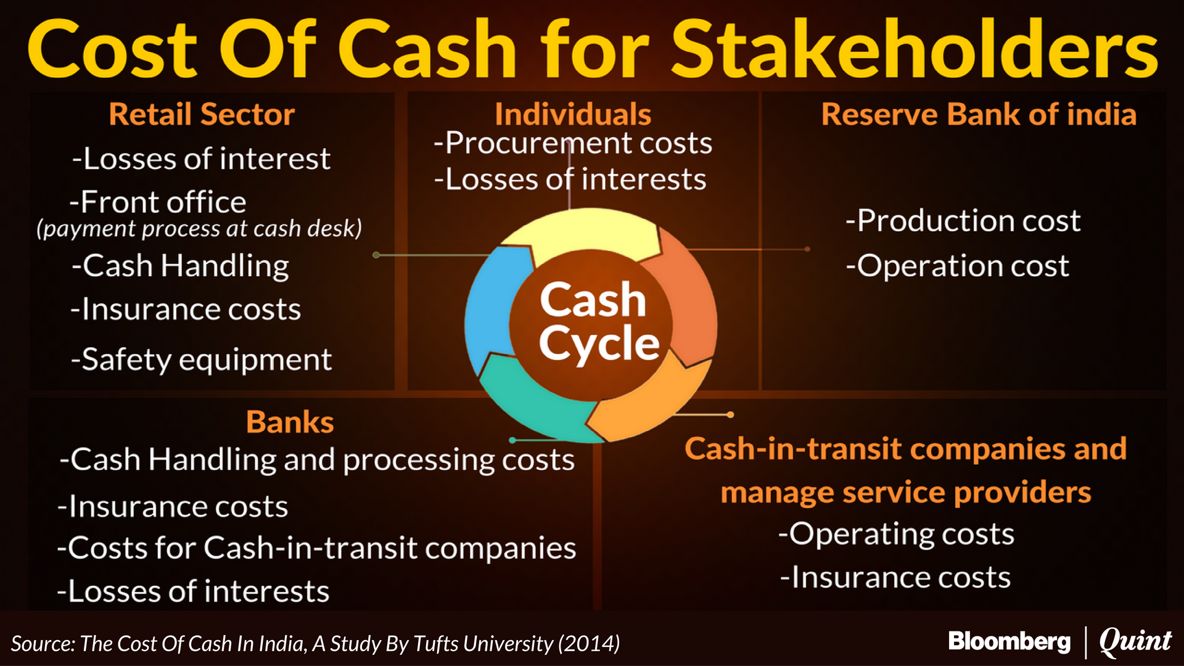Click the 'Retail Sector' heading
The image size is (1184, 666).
click(202, 115)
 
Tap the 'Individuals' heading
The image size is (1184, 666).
click(573, 115)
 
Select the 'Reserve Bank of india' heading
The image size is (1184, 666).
click(979, 115)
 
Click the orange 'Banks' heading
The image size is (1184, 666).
click(290, 422)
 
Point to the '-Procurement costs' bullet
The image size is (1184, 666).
click(573, 144)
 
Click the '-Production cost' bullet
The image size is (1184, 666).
click(963, 221)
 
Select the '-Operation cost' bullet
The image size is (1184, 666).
click(957, 266)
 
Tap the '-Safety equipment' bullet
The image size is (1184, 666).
click(202, 360)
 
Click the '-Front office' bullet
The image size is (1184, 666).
click(158, 202)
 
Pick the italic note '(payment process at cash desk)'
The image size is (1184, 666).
click(199, 229)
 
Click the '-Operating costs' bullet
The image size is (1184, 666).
click(896, 534)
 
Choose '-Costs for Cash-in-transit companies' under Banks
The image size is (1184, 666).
click(316, 548)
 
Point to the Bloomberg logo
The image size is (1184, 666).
click(1009, 642)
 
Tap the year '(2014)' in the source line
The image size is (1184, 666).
click(589, 644)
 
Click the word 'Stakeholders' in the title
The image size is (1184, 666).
click(915, 49)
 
